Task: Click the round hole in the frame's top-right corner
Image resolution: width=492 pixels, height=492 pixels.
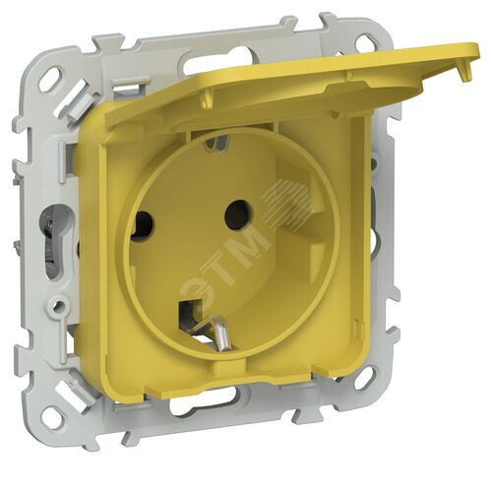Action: pos(365,41)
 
